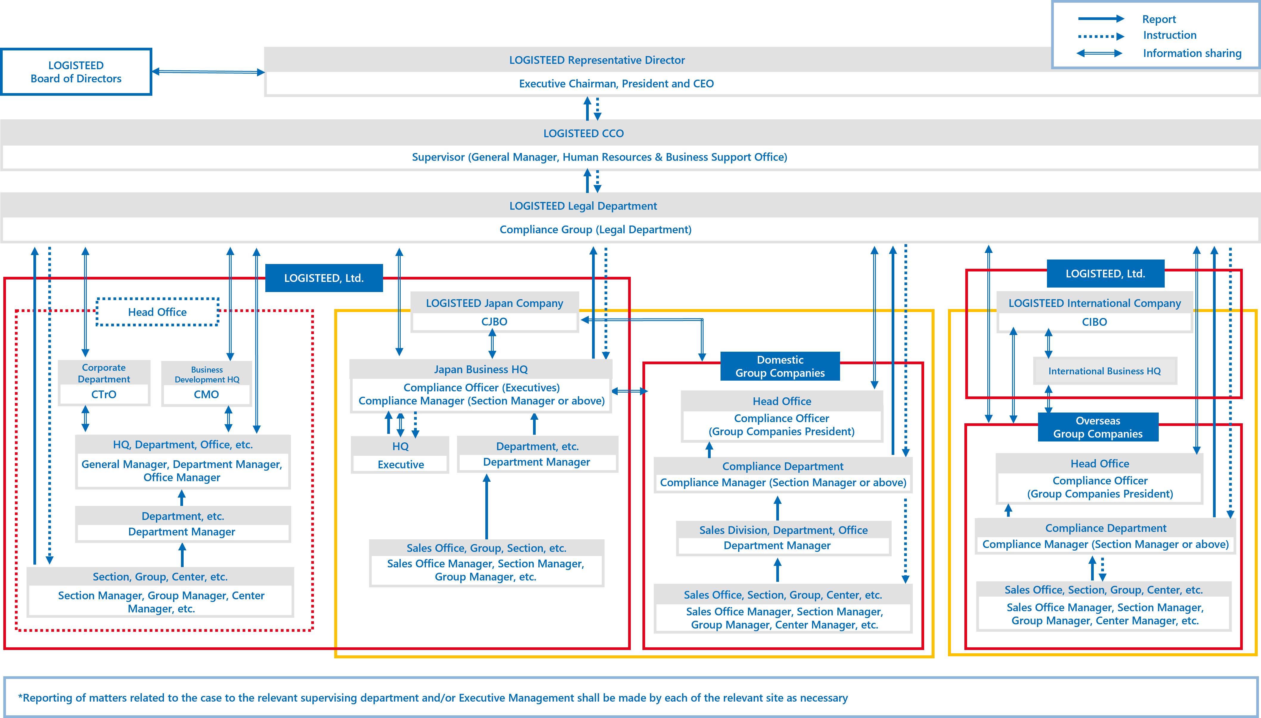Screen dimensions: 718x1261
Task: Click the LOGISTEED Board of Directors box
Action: tap(76, 72)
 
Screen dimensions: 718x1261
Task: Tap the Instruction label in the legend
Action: tap(1169, 35)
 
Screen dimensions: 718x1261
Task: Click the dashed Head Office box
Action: tap(157, 312)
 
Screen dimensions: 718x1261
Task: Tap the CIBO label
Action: tap(1094, 322)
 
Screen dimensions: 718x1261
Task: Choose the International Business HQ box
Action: tap(1104, 371)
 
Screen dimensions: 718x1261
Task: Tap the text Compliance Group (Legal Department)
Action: tap(595, 230)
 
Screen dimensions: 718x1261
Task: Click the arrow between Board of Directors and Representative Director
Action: tap(208, 72)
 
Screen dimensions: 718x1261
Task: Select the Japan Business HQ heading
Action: tap(481, 369)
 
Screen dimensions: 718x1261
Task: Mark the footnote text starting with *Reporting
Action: tap(433, 698)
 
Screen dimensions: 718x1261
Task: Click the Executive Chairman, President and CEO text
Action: tap(616, 84)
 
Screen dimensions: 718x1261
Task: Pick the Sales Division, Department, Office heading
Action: tap(783, 530)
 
